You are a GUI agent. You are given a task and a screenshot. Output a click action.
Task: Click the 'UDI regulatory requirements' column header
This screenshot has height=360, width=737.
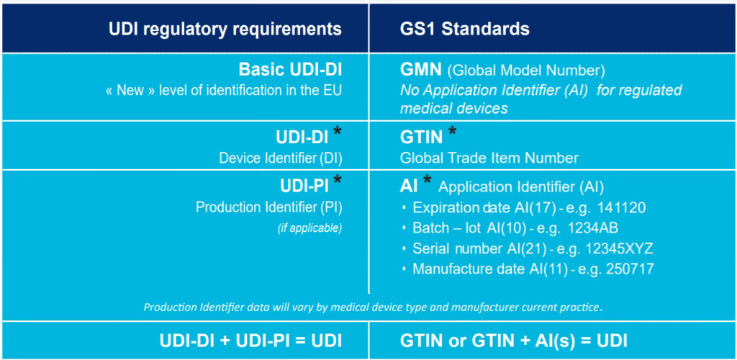click(x=225, y=29)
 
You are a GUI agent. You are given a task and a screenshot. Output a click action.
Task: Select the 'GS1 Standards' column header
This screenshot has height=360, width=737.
click(x=465, y=29)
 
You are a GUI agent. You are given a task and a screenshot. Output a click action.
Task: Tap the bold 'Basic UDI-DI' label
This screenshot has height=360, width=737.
click(x=290, y=70)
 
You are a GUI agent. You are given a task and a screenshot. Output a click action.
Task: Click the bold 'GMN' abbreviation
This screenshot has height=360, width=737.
click(x=420, y=70)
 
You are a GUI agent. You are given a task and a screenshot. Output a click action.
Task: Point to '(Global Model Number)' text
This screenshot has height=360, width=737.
click(x=526, y=71)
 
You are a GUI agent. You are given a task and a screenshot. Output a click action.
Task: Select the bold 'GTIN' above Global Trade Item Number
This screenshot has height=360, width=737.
click(x=421, y=137)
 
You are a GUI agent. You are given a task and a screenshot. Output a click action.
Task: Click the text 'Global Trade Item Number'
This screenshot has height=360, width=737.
click(x=489, y=158)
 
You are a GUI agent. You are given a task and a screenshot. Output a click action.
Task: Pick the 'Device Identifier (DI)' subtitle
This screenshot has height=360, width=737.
click(x=281, y=158)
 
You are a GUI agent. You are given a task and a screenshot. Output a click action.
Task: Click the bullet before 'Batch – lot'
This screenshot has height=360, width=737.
click(x=404, y=228)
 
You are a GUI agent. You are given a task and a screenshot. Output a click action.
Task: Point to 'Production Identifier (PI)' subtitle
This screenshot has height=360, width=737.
click(x=269, y=207)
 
